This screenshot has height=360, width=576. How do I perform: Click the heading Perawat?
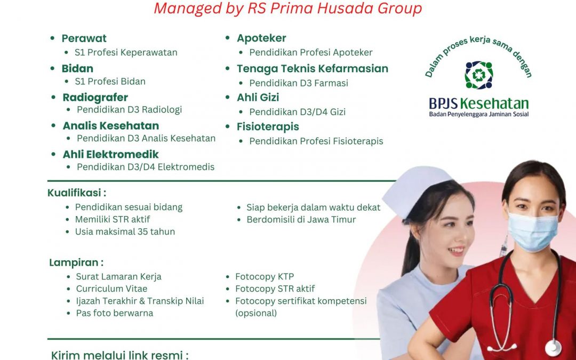(x=84, y=38)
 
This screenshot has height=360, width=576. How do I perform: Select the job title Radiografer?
(x=95, y=98)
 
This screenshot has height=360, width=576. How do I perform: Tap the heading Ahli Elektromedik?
(x=110, y=154)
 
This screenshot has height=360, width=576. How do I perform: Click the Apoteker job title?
(x=261, y=38)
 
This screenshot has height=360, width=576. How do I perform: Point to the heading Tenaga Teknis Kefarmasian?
(x=312, y=69)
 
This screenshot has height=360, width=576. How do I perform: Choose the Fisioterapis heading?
(x=268, y=127)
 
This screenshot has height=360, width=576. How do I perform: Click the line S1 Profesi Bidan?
(x=110, y=82)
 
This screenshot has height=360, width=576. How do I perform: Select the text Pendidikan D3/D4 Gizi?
(x=297, y=112)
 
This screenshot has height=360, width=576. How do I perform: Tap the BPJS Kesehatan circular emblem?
(x=478, y=75)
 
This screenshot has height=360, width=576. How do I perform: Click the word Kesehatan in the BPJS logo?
(x=494, y=104)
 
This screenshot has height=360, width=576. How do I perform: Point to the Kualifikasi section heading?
(x=77, y=193)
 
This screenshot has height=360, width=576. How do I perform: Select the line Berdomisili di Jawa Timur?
(x=301, y=220)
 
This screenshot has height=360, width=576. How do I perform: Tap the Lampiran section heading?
(x=76, y=262)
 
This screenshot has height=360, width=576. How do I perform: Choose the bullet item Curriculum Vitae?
(x=111, y=289)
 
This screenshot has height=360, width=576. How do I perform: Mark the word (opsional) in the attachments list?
(x=256, y=314)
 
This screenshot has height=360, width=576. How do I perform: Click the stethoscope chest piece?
(x=553, y=348)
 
